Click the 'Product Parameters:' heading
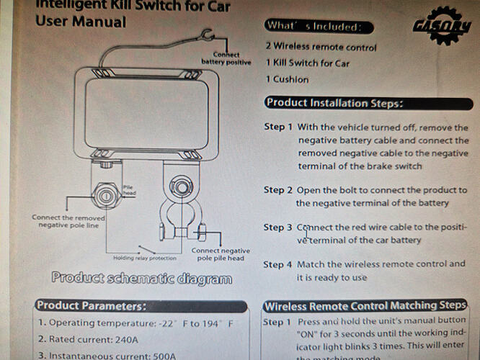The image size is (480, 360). click(92, 305)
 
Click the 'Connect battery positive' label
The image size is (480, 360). click(227, 58)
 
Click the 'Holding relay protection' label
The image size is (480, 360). click(144, 258)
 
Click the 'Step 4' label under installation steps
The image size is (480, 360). click(277, 264)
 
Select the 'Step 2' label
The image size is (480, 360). click(277, 190)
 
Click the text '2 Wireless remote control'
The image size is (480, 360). click(321, 47)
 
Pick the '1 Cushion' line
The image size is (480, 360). click(287, 79)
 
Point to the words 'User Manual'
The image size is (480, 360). click(80, 21)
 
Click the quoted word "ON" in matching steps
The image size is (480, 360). click(308, 334)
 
